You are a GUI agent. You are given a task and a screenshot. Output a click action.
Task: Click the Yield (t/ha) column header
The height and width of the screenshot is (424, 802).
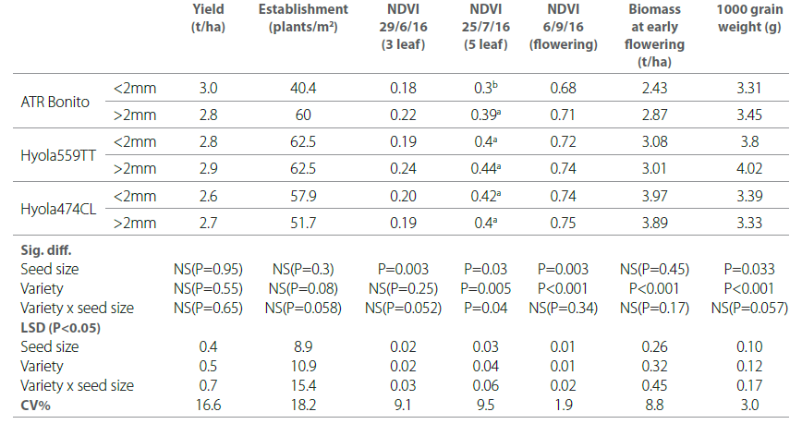click(209, 18)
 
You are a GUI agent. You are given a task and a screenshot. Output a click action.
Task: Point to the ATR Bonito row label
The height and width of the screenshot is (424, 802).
click(55, 102)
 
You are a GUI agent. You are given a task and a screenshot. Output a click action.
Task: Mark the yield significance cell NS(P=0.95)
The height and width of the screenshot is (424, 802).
click(209, 269)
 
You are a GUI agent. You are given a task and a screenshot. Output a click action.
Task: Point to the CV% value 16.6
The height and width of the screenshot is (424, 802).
click(209, 405)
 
